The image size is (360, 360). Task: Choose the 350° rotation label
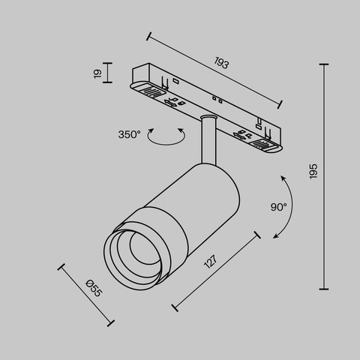pyautogui.click(x=129, y=135)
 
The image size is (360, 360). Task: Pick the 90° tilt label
pyautogui.click(x=279, y=206)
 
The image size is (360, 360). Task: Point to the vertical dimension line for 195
pyautogui.click(x=325, y=175)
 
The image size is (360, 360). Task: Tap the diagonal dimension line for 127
pyautogui.click(x=216, y=271)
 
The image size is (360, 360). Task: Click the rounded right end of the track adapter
pyautogui.click(x=271, y=145)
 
